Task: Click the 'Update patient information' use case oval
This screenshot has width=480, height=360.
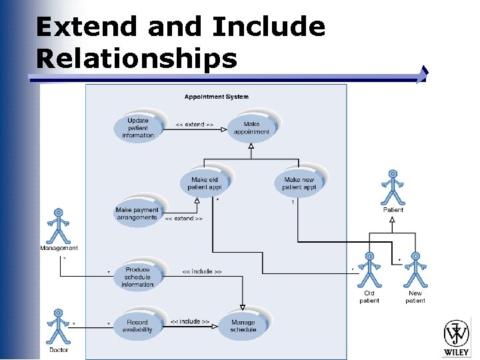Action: tap(138, 128)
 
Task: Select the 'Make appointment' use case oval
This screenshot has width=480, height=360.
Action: tap(251, 128)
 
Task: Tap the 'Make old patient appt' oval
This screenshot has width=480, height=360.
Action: tap(204, 183)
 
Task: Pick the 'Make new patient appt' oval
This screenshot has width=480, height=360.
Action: tap(299, 183)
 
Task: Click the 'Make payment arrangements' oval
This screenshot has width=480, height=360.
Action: tap(137, 213)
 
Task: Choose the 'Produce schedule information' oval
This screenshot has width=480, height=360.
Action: tap(137, 277)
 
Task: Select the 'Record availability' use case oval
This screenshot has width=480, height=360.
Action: tap(137, 325)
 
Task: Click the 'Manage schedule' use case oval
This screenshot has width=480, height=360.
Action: tap(243, 325)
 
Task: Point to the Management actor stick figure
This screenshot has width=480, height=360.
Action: tap(59, 227)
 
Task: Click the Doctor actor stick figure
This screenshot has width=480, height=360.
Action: tap(59, 327)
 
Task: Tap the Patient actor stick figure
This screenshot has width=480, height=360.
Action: tap(393, 188)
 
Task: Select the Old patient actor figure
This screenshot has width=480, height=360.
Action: tap(369, 270)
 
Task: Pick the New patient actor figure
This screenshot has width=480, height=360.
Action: tap(415, 270)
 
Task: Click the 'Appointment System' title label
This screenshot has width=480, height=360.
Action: tap(216, 97)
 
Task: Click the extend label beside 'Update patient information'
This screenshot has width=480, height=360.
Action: tap(194, 125)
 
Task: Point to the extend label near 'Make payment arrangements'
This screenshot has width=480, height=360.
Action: tap(183, 218)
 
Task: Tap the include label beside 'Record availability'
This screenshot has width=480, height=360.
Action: tap(189, 321)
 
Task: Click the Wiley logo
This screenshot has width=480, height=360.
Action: tap(457, 337)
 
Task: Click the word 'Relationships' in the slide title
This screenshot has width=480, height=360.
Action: tap(137, 59)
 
